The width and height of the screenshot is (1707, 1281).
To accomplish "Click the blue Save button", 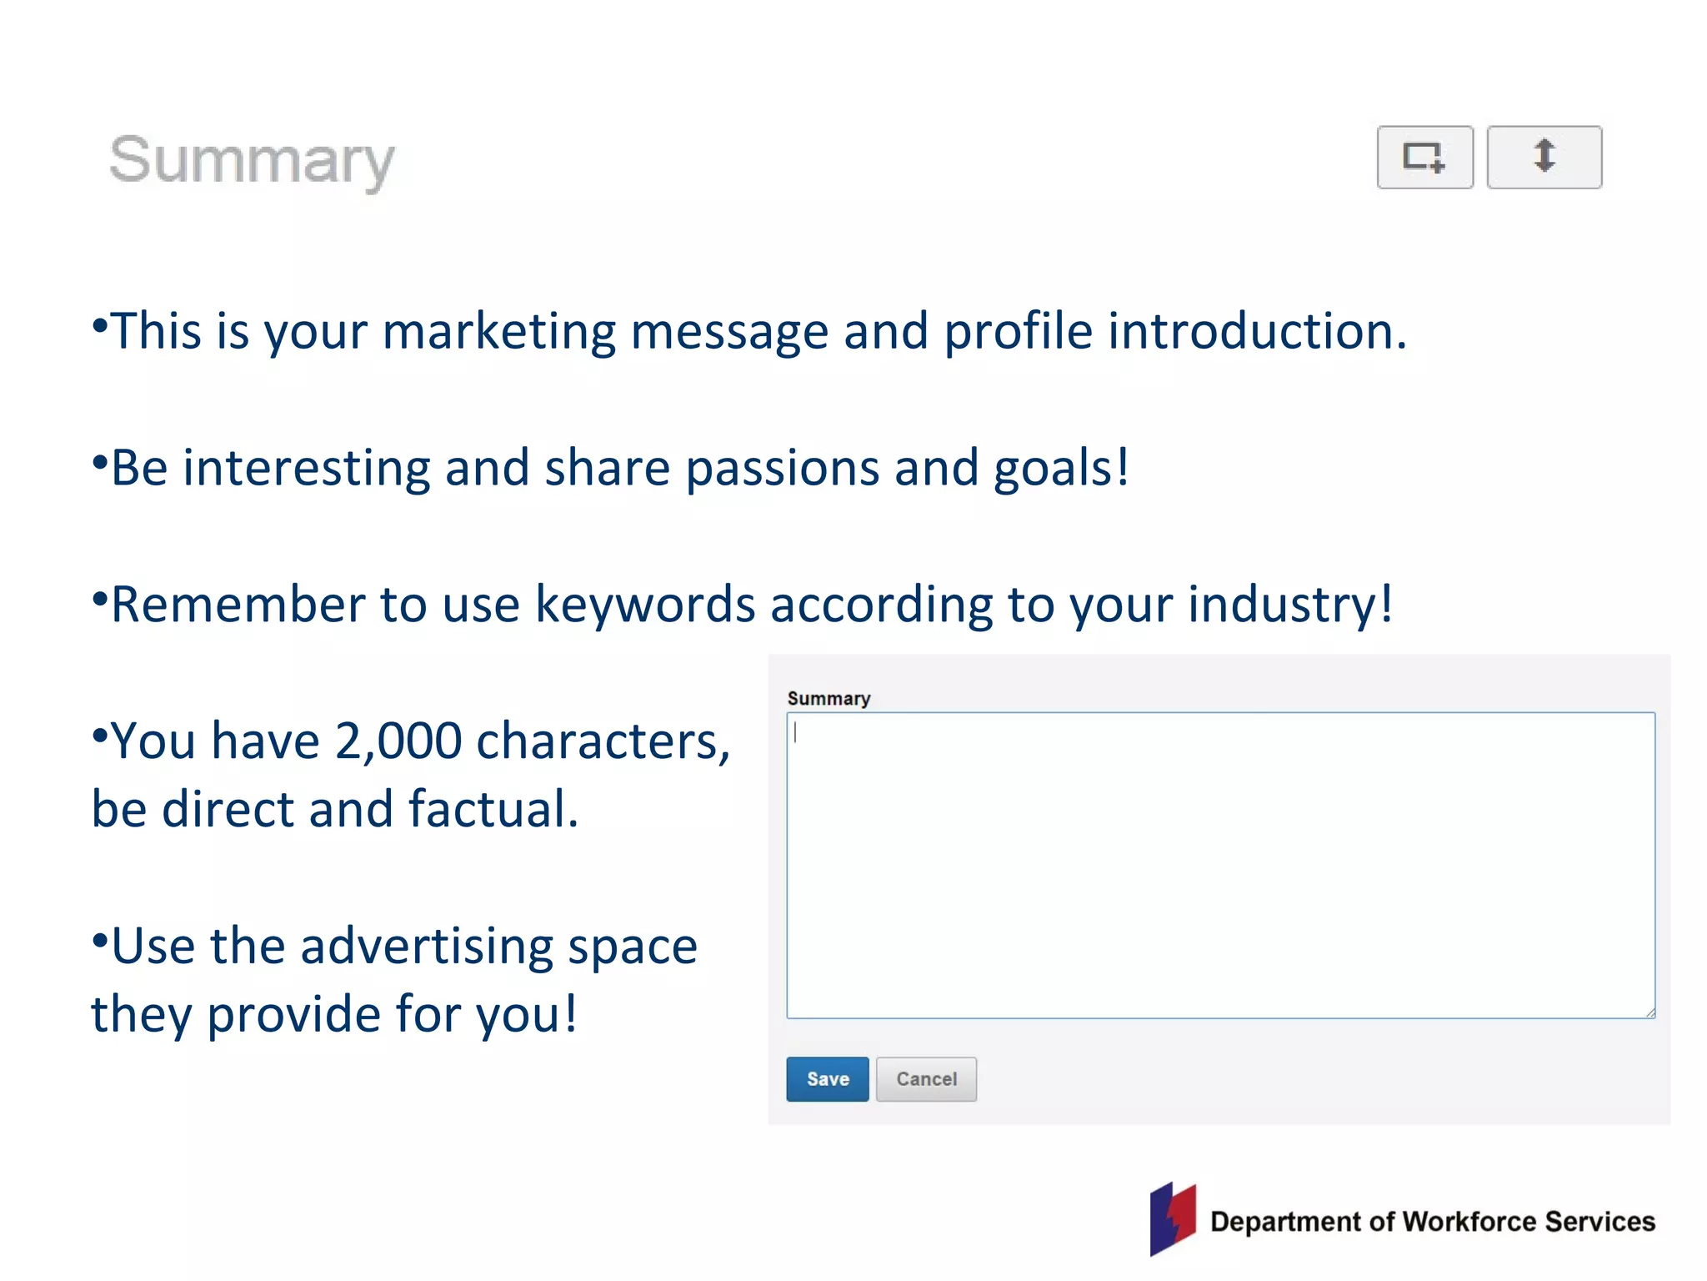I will [827, 1079].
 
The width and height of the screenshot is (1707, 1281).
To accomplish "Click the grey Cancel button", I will [926, 1079].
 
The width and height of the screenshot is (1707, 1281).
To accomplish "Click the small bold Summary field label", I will [828, 699].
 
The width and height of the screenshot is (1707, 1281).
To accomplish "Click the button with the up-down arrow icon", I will [1544, 157].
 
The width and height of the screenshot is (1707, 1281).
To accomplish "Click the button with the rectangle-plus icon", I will [1424, 157].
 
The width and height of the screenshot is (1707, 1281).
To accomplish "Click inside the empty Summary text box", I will [1220, 865].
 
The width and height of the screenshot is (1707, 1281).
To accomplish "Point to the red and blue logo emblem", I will [1173, 1218].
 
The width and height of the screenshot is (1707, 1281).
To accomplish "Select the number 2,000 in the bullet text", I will [398, 741].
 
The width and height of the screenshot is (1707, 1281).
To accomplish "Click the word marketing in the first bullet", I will [498, 331].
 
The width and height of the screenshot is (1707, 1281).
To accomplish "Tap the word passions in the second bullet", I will [782, 468].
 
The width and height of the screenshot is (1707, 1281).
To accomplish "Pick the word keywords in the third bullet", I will [644, 604].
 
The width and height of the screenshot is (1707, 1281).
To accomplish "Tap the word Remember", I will [238, 604].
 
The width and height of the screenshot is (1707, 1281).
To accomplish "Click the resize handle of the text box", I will [1650, 1013].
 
